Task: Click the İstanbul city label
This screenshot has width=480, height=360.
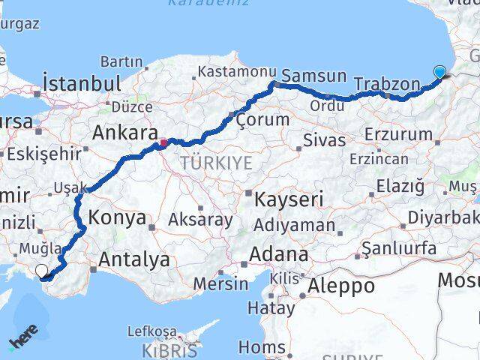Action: coord(82,82)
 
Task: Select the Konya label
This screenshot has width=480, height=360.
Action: coord(117,218)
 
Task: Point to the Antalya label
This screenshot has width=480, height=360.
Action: coord(134,260)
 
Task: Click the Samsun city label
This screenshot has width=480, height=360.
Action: coord(314,76)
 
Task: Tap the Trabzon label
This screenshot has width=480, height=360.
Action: coord(386,84)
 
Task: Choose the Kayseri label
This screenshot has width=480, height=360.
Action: coord(289,199)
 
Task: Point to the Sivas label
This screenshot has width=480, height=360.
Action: coord(324,140)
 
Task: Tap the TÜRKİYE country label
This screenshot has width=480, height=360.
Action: coord(215,163)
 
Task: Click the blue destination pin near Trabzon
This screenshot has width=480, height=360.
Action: coord(439,73)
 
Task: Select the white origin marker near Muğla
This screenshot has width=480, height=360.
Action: coord(41,271)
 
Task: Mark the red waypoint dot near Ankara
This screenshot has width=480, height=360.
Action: coord(163,141)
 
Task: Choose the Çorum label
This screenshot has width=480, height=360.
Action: coord(262,119)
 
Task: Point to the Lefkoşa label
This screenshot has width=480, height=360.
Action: coord(151,331)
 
